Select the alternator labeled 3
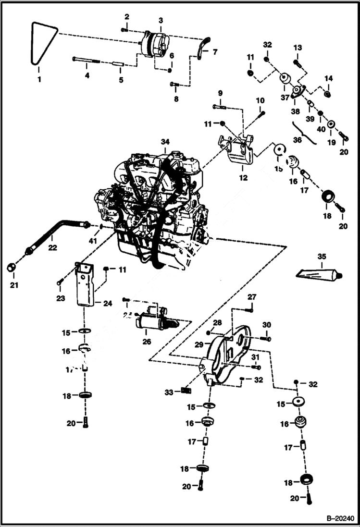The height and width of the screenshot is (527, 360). pyautogui.click(x=153, y=44)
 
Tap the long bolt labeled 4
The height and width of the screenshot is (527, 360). pyautogui.click(x=87, y=60)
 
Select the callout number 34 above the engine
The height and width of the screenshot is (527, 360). pyautogui.click(x=165, y=142)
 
